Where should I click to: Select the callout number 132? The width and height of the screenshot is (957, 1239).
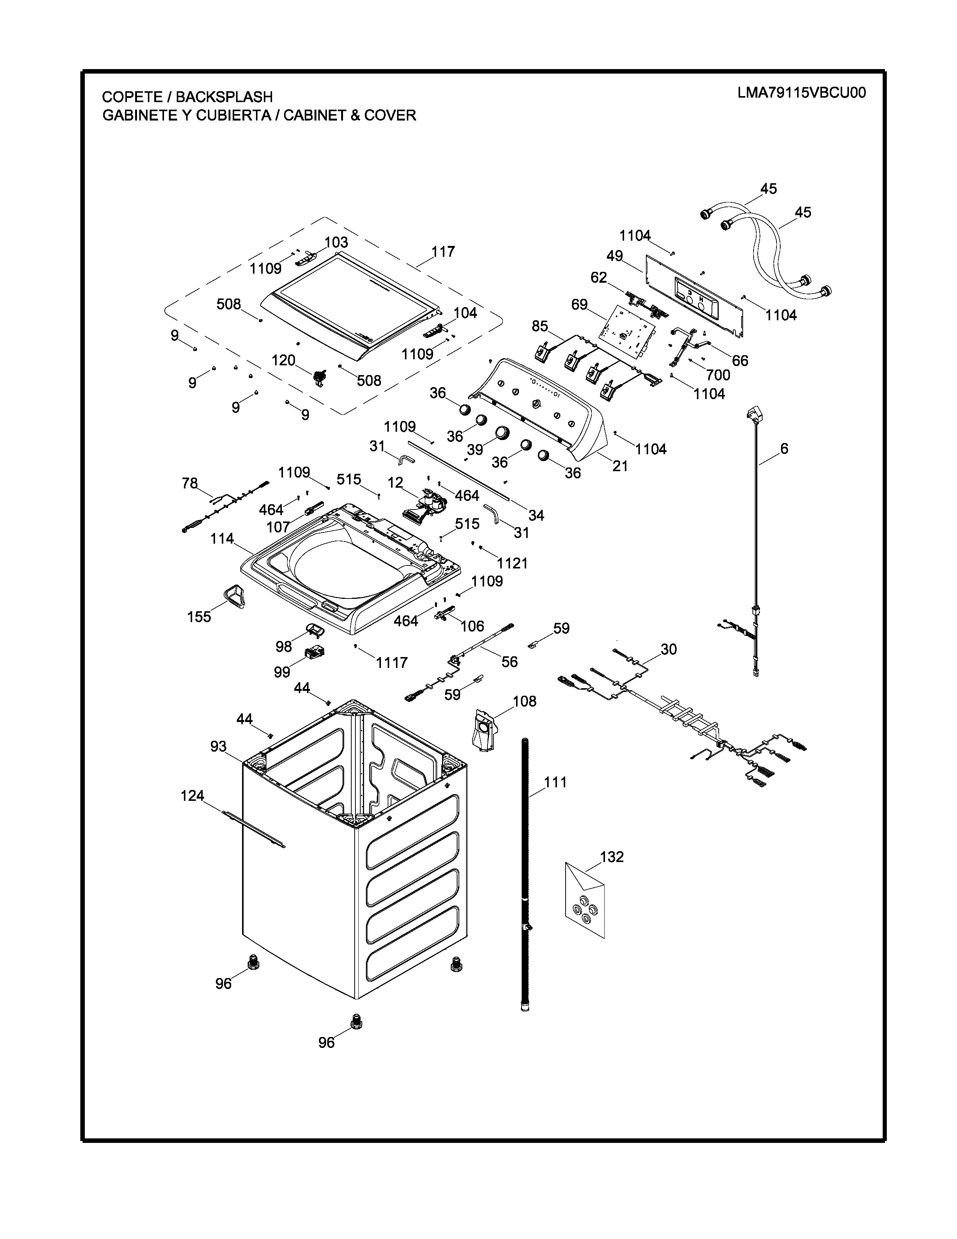[x=612, y=857]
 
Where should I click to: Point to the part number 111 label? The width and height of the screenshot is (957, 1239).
[x=555, y=782]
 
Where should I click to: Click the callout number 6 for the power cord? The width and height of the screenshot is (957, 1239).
[x=784, y=449]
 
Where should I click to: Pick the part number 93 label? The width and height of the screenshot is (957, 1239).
[x=218, y=746]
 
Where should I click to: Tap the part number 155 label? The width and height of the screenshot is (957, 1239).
[x=199, y=616]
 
